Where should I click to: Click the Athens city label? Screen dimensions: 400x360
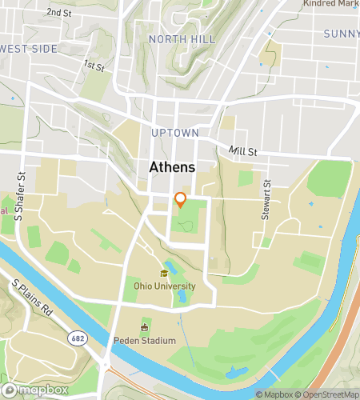point(171,167)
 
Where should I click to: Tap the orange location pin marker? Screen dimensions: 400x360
point(181,200)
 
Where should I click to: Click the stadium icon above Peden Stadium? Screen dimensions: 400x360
point(145,328)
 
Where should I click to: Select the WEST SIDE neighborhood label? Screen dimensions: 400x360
point(29,49)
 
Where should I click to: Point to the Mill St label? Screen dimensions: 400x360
point(243,150)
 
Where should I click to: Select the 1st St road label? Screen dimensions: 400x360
point(94,66)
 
